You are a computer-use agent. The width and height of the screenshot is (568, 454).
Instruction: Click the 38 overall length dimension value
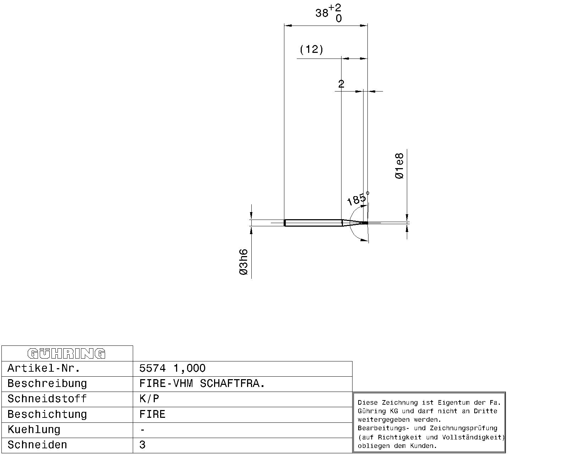322,13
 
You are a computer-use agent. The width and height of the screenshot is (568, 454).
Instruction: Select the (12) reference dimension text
311,49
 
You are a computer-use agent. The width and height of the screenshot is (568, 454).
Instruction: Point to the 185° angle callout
357,198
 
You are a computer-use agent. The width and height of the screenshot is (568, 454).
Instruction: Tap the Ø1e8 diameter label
399,166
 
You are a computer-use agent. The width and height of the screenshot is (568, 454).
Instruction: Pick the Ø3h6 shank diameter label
244,262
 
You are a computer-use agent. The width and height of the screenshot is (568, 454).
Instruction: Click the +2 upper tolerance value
335,8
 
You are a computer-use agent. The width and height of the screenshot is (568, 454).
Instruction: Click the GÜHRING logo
66,354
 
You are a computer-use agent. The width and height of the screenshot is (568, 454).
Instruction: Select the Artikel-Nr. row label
44,368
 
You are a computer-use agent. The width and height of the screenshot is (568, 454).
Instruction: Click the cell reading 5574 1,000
173,368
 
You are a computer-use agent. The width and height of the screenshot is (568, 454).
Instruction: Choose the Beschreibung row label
47,383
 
